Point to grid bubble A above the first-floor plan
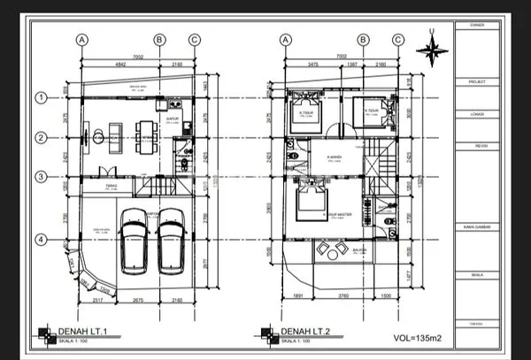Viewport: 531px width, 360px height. pos(82,39)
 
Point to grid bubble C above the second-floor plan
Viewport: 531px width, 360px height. pos(397,39)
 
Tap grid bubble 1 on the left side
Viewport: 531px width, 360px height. pos(40,97)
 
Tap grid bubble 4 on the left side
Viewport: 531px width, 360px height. pos(40,240)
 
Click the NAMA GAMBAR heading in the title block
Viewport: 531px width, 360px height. pos(470,227)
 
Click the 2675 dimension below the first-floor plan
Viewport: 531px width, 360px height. pos(135,302)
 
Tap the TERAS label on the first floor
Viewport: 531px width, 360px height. pos(112,186)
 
